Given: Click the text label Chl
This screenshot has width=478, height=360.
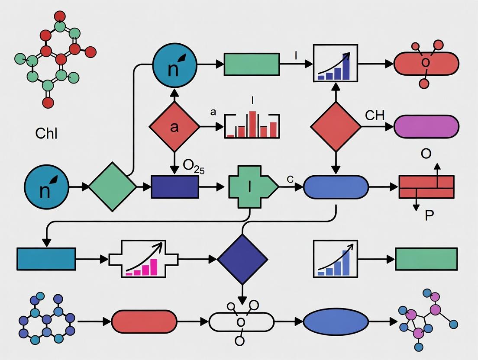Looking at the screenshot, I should click(46, 133).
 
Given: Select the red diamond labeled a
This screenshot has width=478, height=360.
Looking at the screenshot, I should click(174, 127).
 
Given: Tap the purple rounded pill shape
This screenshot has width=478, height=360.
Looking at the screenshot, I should click(426, 127).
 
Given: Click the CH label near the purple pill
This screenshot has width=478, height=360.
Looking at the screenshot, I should click(375, 116).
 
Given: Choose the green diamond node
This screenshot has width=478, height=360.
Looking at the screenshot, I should click(113, 186).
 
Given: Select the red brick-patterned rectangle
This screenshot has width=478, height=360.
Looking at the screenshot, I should click(426, 186).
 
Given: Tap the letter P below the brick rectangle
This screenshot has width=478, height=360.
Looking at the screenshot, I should click(429, 215).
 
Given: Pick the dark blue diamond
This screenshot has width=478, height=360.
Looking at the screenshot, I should click(242, 259).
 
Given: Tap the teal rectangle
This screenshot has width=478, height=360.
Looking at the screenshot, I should click(46, 259).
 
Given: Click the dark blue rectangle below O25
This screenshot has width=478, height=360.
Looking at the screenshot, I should click(174, 186).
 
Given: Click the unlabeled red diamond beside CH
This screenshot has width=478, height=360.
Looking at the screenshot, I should click(336, 127).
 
